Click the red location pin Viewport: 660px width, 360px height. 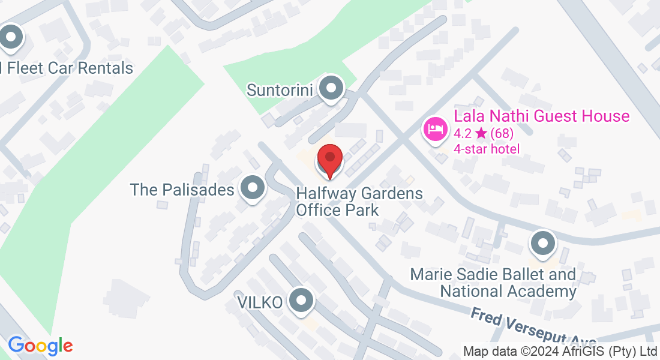point(329,160)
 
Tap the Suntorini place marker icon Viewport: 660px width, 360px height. point(330,89)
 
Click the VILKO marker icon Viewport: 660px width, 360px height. point(301,301)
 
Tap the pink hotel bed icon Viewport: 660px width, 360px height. point(434,128)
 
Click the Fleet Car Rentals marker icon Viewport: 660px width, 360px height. point(10,38)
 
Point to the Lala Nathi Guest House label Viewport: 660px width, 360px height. point(542,116)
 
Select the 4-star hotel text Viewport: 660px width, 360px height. point(487,149)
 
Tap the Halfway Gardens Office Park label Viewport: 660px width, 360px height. point(359,202)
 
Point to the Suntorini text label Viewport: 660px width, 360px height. point(281,90)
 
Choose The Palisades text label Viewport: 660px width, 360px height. point(182,190)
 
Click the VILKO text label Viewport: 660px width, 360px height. point(260,302)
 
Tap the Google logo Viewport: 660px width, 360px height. point(40,346)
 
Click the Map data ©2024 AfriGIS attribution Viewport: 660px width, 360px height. point(560,350)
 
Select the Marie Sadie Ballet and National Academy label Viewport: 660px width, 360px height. point(493,283)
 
